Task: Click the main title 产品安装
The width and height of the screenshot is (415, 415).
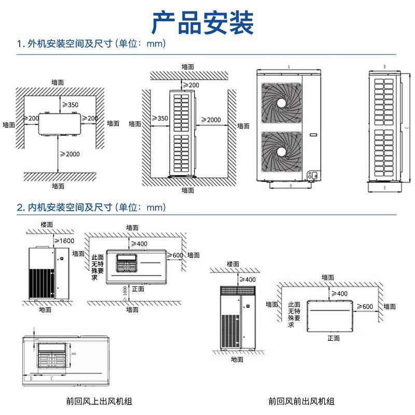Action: point(203,22)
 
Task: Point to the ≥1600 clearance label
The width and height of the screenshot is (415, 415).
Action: point(66,241)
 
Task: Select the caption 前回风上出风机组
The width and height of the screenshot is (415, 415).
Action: point(99,401)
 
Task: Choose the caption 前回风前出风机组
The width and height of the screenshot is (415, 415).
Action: point(301,401)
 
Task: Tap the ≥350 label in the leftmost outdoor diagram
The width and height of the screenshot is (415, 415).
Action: point(70,105)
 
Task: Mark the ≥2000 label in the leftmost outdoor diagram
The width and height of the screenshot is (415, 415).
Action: point(70,154)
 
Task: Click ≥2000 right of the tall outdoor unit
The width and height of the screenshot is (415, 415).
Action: point(211,120)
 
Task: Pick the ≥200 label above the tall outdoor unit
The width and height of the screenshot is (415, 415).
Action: point(190,85)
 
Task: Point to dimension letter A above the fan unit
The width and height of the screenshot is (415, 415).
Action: point(288,67)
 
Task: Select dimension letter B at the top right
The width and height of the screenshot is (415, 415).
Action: point(384,67)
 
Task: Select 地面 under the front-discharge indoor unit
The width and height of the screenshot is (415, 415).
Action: point(237,359)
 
